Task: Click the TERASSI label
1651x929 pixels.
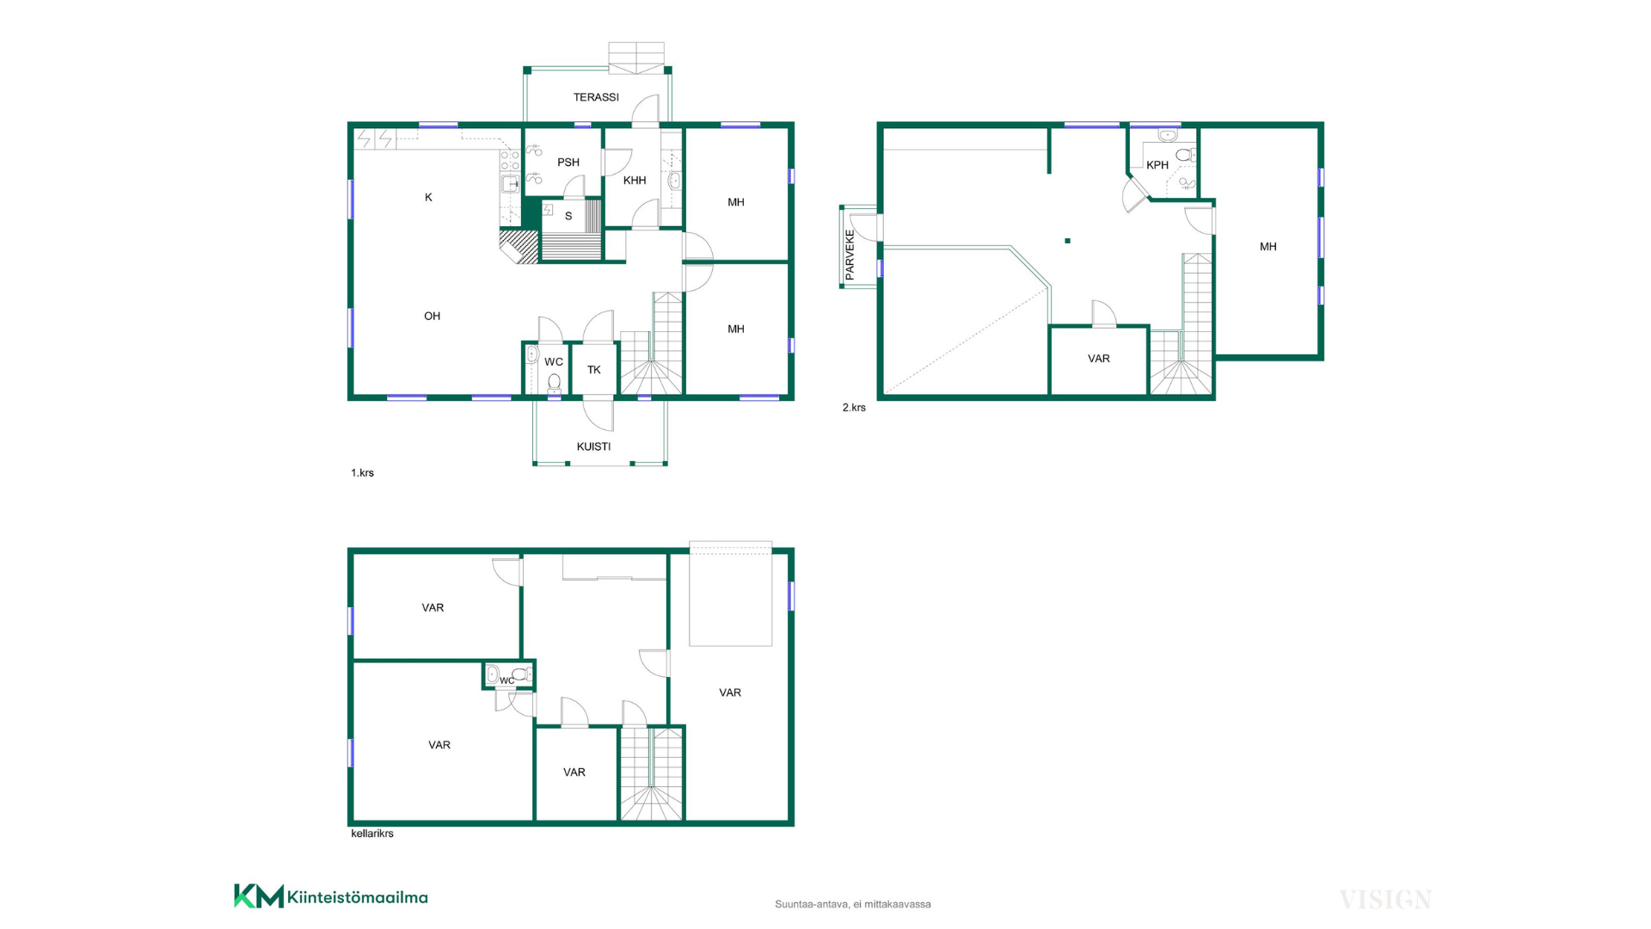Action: (596, 97)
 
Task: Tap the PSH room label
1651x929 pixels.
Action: (568, 163)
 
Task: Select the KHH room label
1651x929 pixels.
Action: (635, 181)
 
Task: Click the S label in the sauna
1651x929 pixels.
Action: (568, 216)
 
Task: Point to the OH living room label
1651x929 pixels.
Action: (432, 317)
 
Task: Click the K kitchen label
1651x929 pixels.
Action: (428, 198)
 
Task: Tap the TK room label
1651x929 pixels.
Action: (594, 370)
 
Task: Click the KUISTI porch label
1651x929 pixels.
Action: (593, 446)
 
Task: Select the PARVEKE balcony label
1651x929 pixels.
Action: (850, 255)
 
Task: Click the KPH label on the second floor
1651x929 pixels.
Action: (1157, 165)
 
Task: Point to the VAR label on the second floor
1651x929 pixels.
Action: (1099, 359)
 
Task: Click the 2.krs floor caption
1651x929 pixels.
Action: (854, 408)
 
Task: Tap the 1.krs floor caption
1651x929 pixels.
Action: (362, 473)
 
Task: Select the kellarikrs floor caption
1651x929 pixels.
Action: (372, 834)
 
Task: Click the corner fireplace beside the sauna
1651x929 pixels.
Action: (519, 246)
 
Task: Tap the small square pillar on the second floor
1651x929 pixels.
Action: (1067, 241)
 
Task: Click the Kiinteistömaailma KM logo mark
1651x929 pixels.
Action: (259, 896)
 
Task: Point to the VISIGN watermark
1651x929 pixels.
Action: (1385, 901)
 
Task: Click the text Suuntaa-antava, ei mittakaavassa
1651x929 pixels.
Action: (853, 904)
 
